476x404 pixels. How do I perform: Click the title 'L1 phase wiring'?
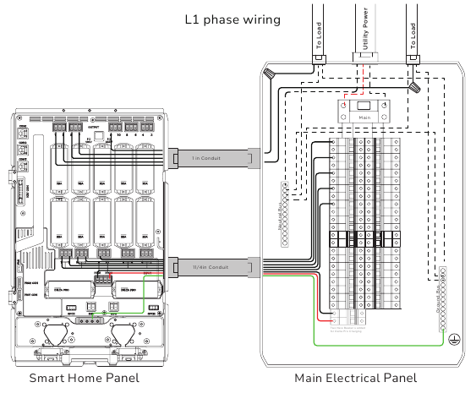click(233, 19)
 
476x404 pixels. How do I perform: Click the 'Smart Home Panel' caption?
click(84, 378)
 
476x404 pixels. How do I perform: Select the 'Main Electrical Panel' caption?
click(355, 378)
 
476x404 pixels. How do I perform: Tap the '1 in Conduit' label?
click(206, 158)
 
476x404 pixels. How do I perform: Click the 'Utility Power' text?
click(364, 30)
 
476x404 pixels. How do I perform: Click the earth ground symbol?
click(454, 337)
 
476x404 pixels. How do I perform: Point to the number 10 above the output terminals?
click(120, 134)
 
